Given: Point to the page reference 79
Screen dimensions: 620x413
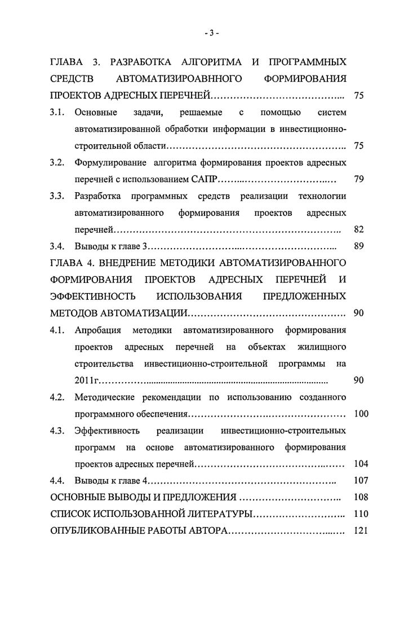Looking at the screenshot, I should (x=358, y=180).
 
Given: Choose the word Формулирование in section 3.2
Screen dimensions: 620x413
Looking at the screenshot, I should (x=109, y=163).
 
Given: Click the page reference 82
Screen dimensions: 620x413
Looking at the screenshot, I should (x=358, y=229).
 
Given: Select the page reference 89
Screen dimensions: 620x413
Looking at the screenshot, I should (x=358, y=246).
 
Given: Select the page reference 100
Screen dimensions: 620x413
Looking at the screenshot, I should (x=360, y=414).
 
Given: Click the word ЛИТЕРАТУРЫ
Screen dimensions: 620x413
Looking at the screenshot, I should (x=215, y=514).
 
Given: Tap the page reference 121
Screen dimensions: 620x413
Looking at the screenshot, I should (x=360, y=531).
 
